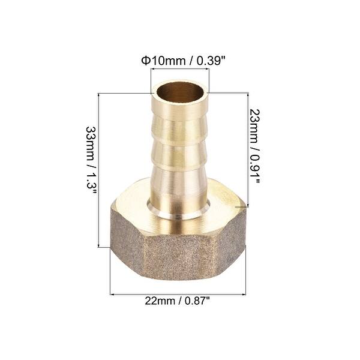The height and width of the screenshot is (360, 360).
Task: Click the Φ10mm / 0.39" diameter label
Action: [x=179, y=60]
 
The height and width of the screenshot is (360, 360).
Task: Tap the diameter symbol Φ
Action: [x=145, y=60]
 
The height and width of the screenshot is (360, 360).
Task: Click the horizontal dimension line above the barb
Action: [x=179, y=70]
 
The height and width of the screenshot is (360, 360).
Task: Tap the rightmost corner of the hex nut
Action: [x=245, y=207]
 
